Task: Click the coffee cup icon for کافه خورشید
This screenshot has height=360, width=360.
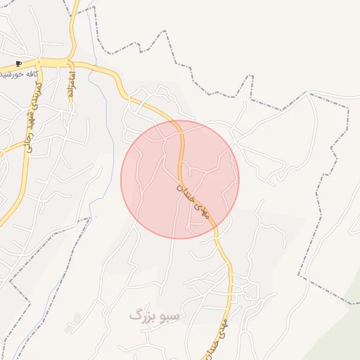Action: [x=18, y=63]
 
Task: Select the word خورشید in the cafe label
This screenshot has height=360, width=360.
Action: [x=9, y=72]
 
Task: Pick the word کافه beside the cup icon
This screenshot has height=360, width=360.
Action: [x=27, y=72]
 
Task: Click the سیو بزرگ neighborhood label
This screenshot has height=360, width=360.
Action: [x=154, y=315]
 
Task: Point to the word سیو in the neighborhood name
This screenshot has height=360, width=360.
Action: [x=169, y=315]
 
